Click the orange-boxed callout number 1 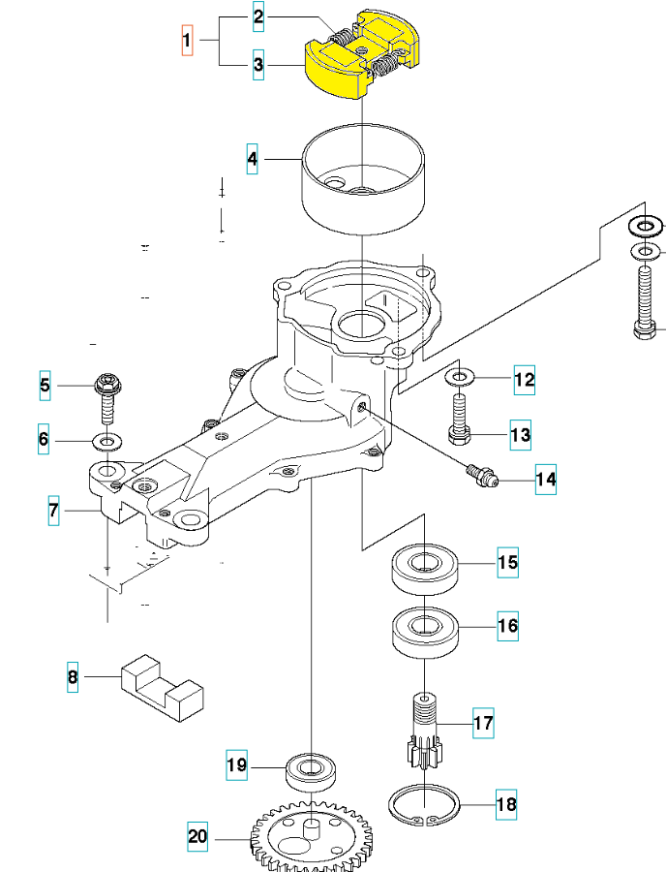coord(187,40)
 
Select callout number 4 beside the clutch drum coord(253,159)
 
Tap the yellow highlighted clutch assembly coord(362,54)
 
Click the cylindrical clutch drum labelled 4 coord(363,183)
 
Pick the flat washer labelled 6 coord(107,442)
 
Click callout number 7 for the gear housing coord(53,510)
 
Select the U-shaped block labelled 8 coord(163,688)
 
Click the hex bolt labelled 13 coord(459,419)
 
